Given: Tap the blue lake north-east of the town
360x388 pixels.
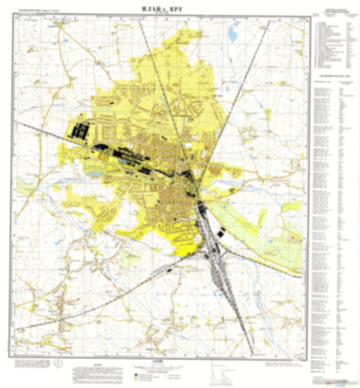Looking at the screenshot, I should tap(235, 30).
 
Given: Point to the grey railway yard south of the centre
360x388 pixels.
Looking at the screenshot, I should tap(216, 257).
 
